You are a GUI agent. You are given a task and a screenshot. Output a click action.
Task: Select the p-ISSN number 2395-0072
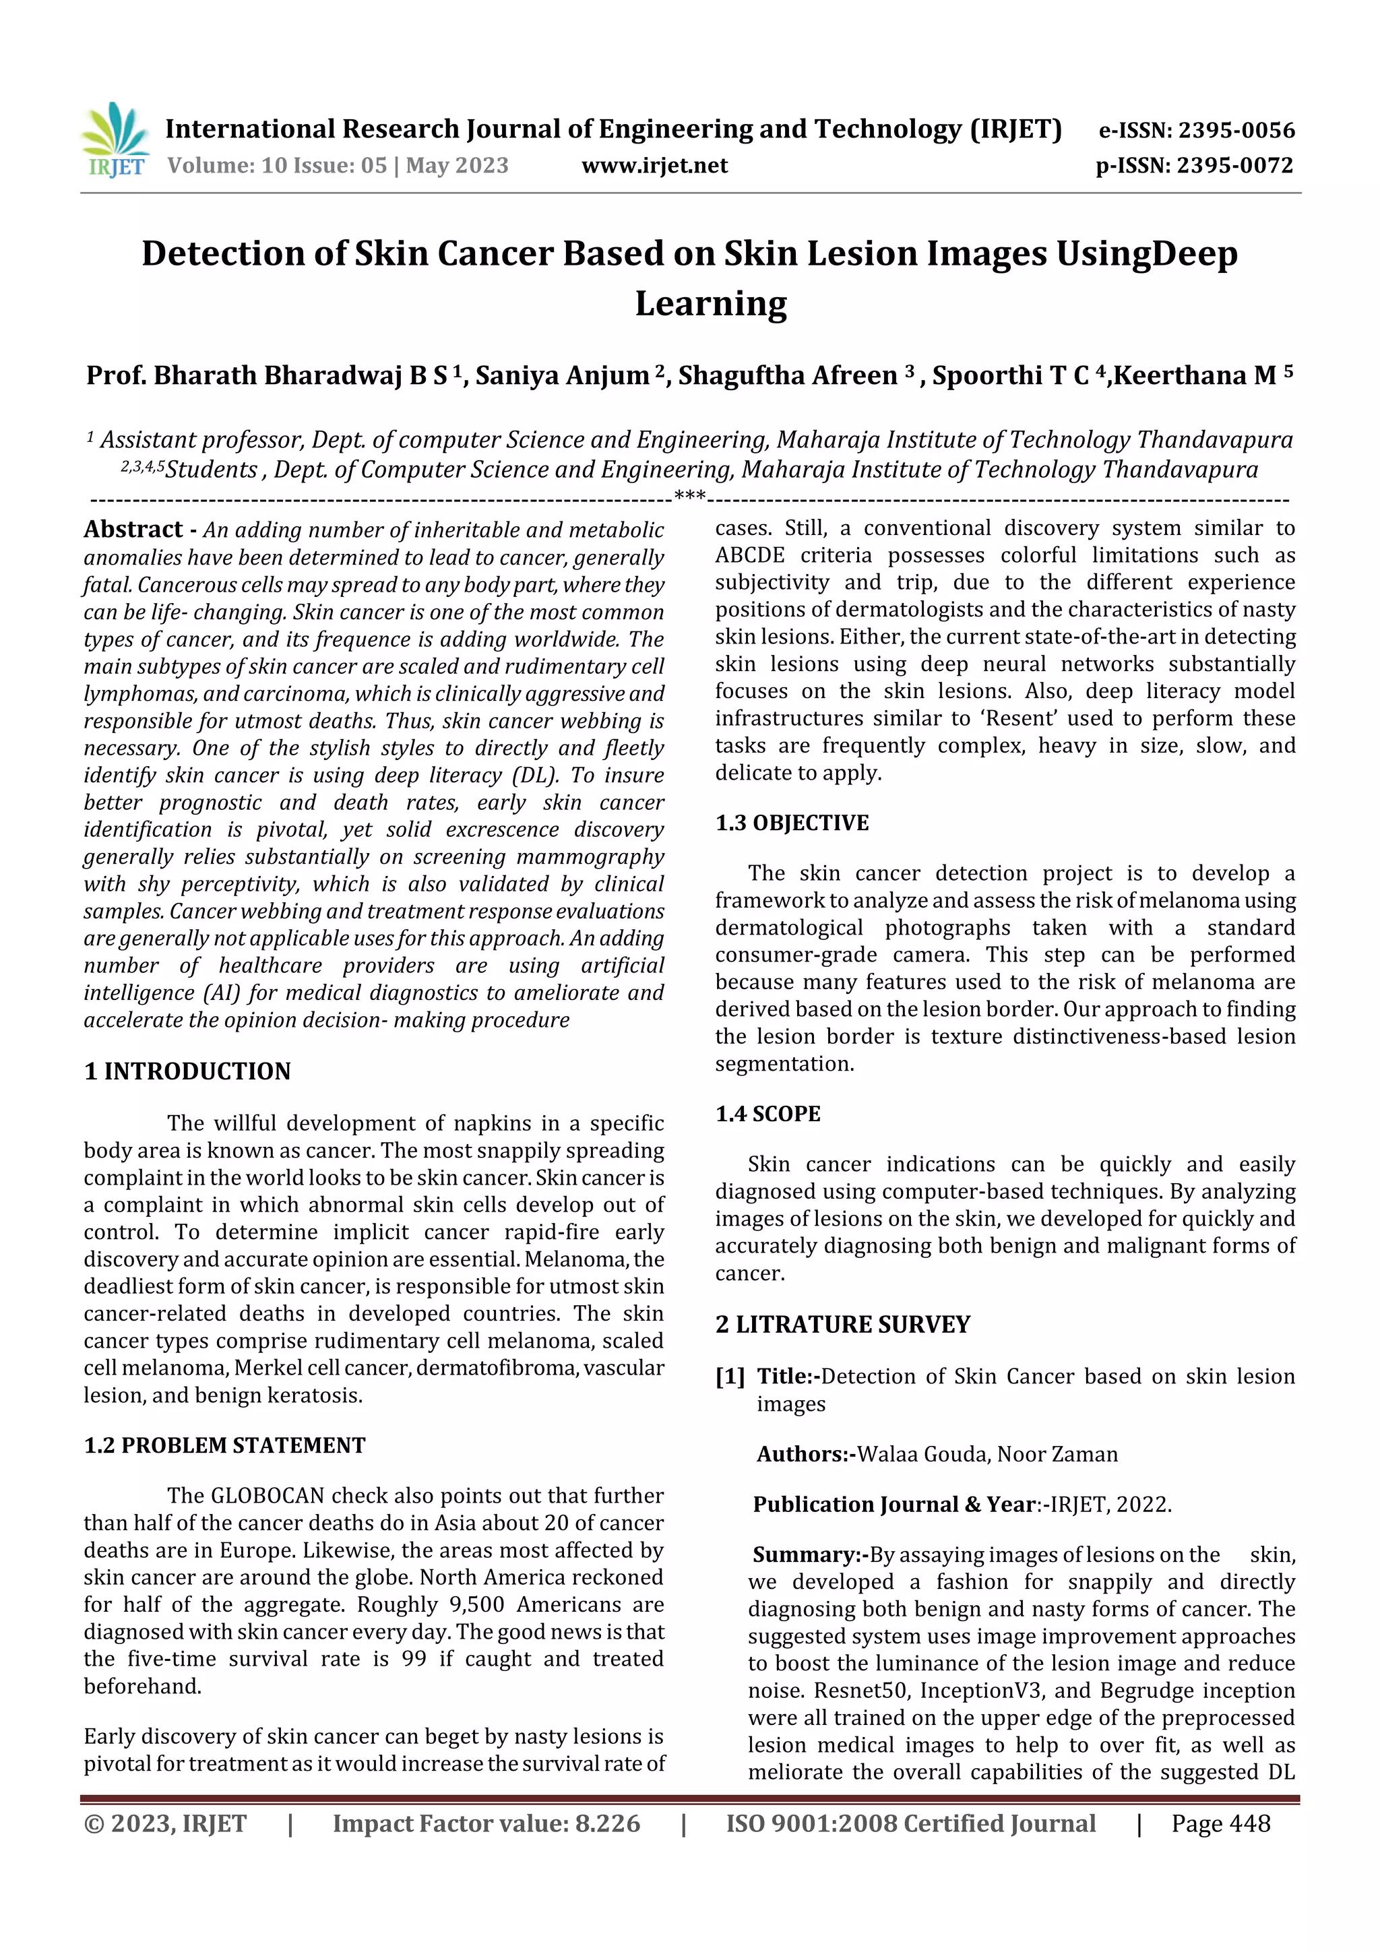(1234, 166)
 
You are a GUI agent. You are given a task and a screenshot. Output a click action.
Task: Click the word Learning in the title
(711, 303)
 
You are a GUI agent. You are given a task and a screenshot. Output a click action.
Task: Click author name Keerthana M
(1195, 376)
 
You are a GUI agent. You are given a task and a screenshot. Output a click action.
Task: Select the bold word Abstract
(133, 530)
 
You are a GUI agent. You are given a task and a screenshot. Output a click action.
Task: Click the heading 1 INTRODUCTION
(187, 1071)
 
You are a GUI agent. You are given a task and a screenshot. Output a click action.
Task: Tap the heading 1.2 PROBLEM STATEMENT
(224, 1445)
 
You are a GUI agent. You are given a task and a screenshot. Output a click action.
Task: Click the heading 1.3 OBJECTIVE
(792, 823)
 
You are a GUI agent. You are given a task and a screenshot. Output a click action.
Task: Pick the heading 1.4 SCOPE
(767, 1114)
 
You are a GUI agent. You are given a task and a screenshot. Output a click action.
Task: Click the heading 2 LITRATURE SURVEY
(843, 1325)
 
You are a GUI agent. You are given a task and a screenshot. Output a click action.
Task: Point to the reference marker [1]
(730, 1377)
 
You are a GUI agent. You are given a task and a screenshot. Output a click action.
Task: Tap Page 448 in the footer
(1220, 1823)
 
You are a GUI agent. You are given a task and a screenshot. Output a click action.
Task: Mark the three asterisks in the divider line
(689, 496)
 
